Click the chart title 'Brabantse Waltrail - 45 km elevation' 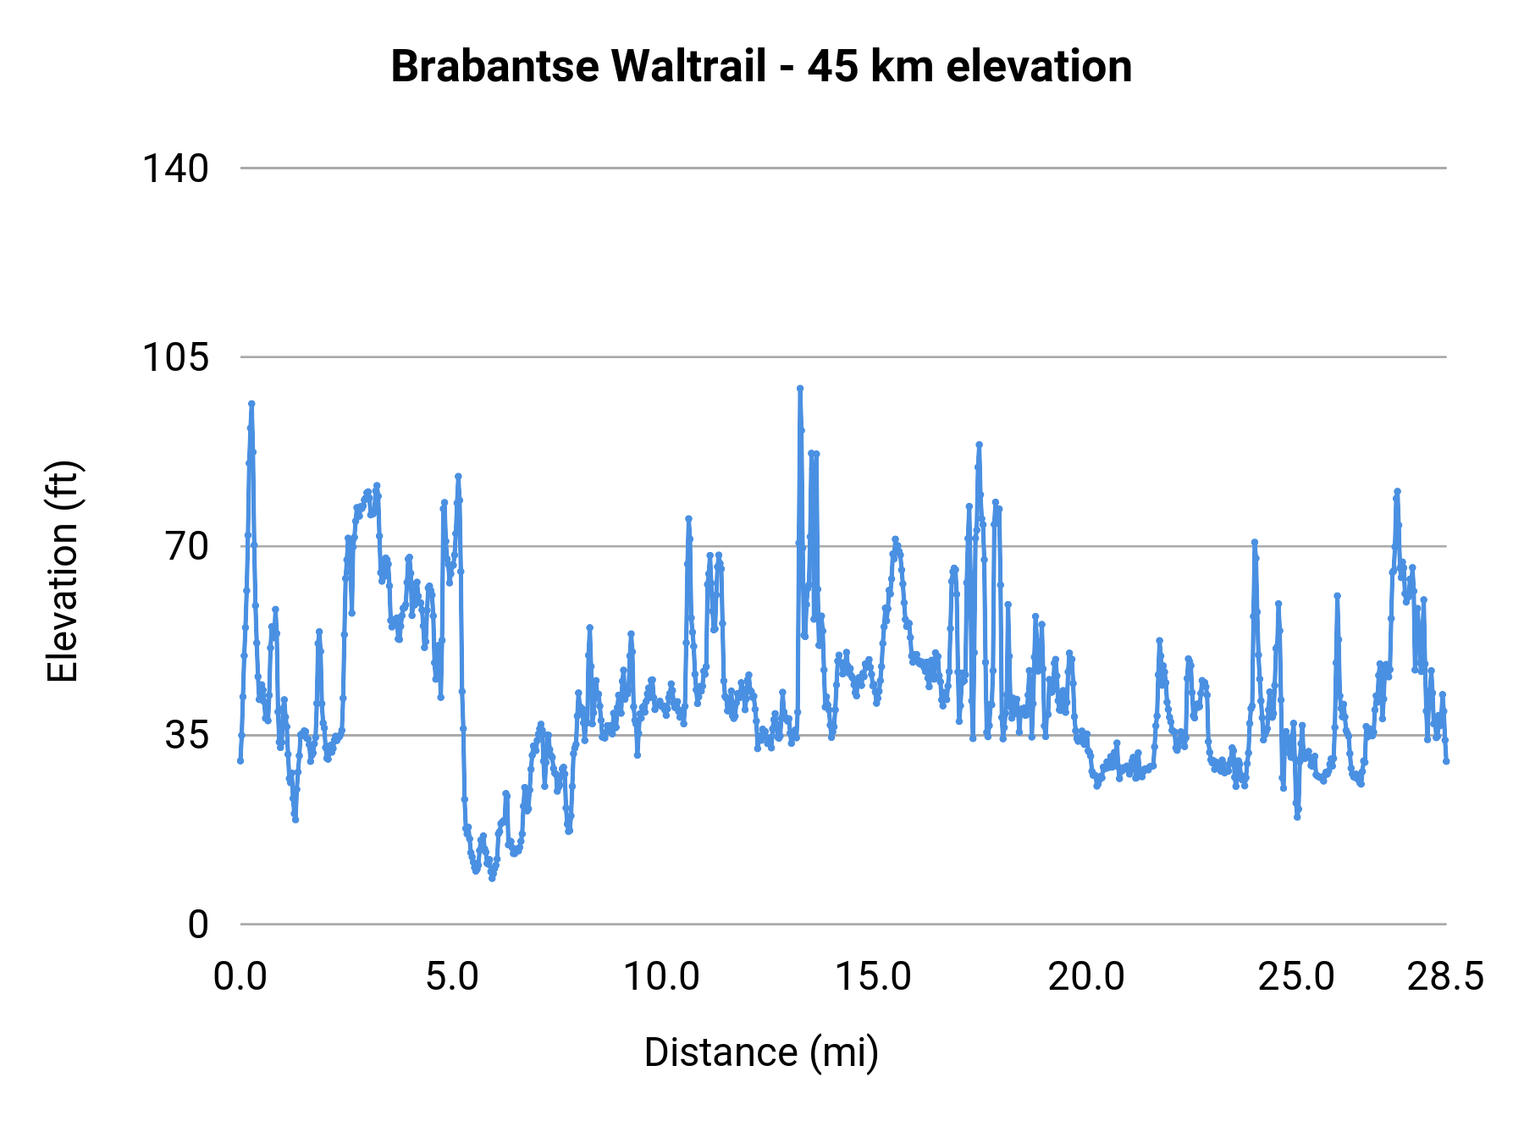tap(761, 67)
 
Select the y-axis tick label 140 tap(174, 168)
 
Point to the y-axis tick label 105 tap(174, 357)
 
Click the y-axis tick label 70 tap(186, 546)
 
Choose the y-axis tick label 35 tap(186, 735)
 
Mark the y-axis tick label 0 tap(198, 925)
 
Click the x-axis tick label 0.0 tap(240, 977)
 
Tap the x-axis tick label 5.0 tap(452, 977)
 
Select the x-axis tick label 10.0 tap(662, 977)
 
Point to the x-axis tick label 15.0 tap(874, 977)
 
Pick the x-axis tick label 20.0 tap(1086, 977)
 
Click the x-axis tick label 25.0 tap(1296, 977)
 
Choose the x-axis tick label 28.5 tap(1445, 977)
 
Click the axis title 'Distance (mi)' tap(761, 1052)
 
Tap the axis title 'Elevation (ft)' tap(63, 571)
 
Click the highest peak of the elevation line tap(799, 389)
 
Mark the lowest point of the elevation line tap(492, 878)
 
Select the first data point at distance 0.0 tap(240, 760)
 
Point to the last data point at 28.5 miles tap(1446, 761)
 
